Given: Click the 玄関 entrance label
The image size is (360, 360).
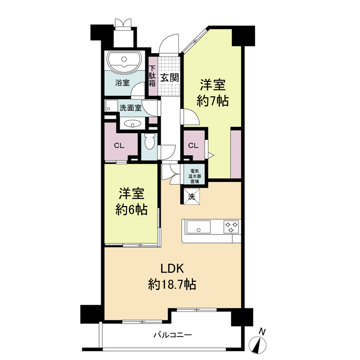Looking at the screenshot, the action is tap(170, 77).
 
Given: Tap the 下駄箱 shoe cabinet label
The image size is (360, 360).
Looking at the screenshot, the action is tap(152, 76).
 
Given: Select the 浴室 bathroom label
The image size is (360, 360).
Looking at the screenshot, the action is tap(122, 83).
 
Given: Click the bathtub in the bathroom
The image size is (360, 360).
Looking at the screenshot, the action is tap(124, 61).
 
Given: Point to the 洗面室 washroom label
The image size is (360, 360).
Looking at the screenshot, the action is tap(130, 108).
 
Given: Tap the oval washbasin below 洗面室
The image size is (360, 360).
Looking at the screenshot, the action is tap(132, 124).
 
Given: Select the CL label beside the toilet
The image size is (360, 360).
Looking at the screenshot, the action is tap(119, 145).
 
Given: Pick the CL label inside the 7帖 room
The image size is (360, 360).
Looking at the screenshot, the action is tap(193, 145).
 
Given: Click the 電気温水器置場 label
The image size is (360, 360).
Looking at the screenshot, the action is tap(195, 176).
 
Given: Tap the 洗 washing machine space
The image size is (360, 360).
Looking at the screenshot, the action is tap(192, 197).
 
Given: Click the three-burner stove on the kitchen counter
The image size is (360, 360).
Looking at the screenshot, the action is tap(231, 226).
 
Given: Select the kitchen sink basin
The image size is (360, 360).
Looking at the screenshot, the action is tap(198, 227).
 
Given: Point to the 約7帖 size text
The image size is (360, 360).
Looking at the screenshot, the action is tap(212, 101).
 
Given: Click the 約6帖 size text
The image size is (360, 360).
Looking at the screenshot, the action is tap(131, 210).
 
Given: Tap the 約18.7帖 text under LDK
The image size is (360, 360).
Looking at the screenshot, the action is tap(172, 284).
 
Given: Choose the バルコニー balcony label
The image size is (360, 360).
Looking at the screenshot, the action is tap(172, 335).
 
